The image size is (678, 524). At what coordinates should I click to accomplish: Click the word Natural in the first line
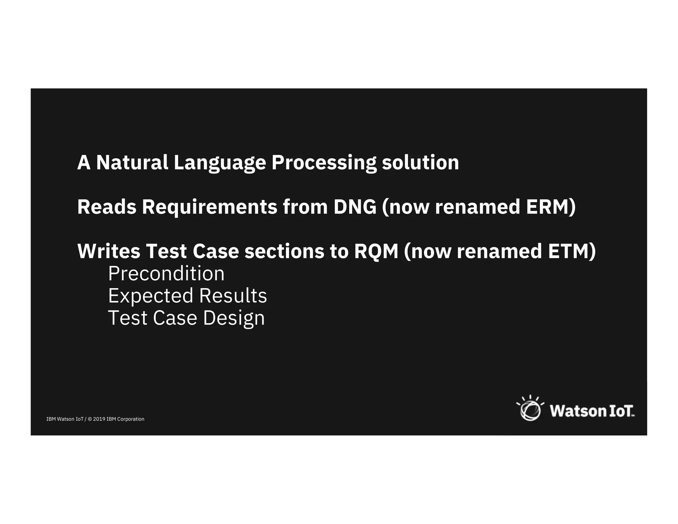(132, 163)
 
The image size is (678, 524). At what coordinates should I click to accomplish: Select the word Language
(219, 163)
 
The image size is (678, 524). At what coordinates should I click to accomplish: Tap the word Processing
(324, 163)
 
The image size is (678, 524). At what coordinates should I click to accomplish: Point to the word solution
(420, 163)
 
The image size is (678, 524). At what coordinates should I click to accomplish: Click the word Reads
(107, 207)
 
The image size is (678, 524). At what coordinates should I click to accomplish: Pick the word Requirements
(209, 207)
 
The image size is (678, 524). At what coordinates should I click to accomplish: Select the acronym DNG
(355, 207)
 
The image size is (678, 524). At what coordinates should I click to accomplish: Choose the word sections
(284, 251)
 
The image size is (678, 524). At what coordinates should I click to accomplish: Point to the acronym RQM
(376, 251)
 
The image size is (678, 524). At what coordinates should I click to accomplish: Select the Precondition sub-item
(166, 274)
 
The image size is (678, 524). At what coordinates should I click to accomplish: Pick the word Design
(234, 318)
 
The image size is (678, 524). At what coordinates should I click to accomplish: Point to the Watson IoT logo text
(592, 411)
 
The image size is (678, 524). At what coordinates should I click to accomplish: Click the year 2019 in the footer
(99, 419)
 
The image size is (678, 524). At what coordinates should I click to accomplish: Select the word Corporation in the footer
(131, 419)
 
